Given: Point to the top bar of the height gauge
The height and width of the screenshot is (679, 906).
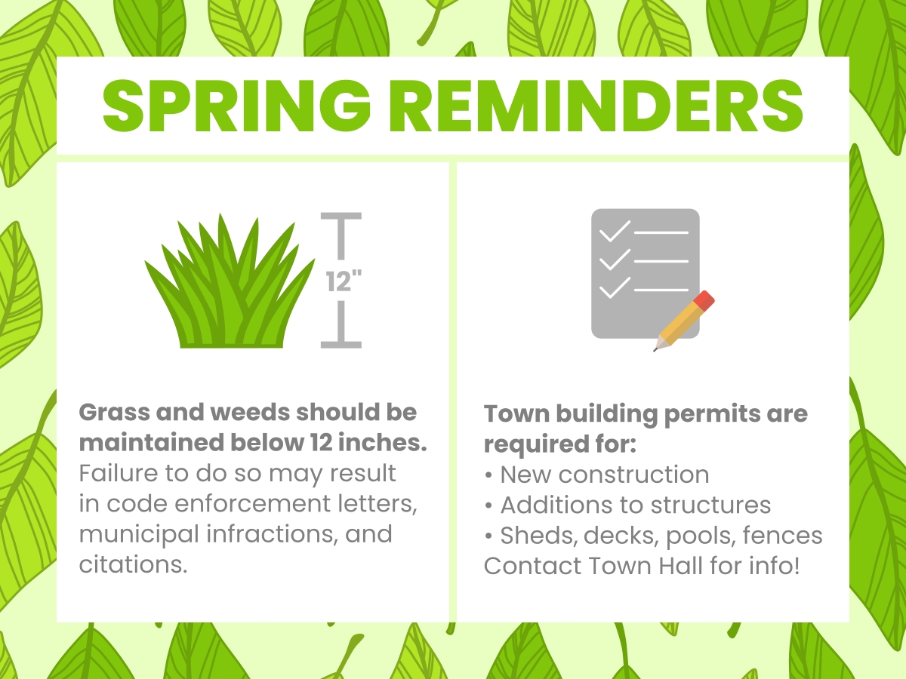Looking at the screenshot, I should (x=341, y=217).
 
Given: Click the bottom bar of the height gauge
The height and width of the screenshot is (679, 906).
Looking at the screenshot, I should (x=341, y=344).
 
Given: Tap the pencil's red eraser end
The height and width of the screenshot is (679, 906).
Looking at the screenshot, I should (x=704, y=300).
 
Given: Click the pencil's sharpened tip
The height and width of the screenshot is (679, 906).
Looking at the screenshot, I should (x=657, y=348).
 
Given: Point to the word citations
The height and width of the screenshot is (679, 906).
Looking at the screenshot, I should (x=133, y=564).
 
